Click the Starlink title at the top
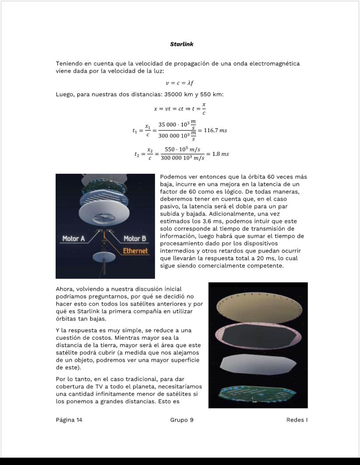pos(181,44)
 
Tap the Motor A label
pos(74,239)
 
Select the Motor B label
pos(134,239)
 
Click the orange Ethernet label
pos(135,251)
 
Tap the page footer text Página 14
pos(69,420)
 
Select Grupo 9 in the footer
pos(182,420)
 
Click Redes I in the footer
pos(296,420)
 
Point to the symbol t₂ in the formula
pos(138,154)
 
